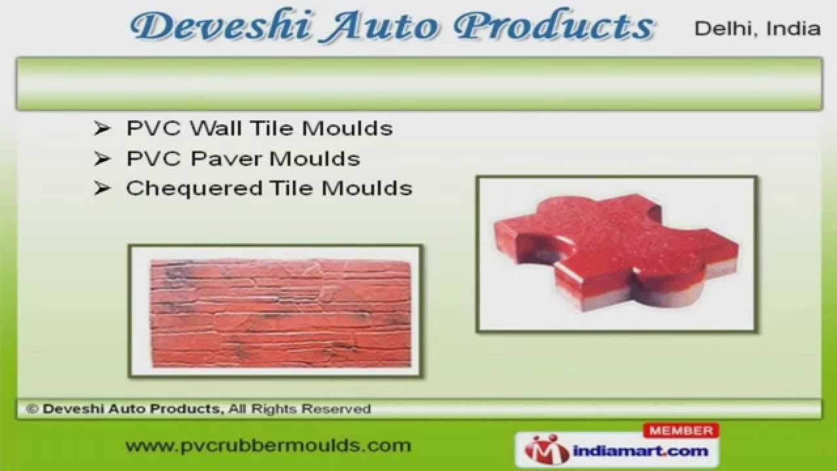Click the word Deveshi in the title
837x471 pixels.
(x=209, y=27)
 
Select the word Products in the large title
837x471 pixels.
(x=553, y=27)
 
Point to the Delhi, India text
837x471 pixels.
(x=757, y=29)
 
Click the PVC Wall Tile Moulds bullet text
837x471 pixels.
(x=259, y=128)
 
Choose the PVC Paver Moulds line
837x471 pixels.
(x=243, y=158)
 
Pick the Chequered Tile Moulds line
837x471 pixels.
(x=269, y=188)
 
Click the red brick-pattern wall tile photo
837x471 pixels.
(x=280, y=312)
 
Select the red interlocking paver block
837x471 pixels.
(x=615, y=255)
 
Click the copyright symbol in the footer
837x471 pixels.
(x=31, y=410)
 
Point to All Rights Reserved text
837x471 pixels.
(x=299, y=410)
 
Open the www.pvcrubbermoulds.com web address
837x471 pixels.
(x=268, y=446)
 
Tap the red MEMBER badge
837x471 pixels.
(x=681, y=430)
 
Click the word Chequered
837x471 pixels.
(x=194, y=188)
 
